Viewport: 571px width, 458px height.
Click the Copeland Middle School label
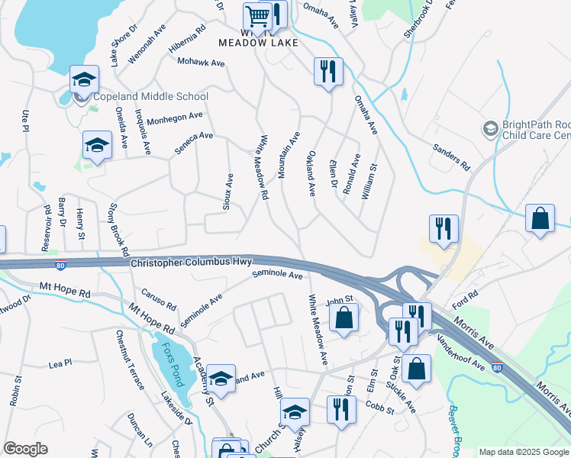(x=150, y=97)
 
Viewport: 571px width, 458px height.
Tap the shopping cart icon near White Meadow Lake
(x=257, y=15)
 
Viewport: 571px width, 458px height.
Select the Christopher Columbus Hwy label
(x=191, y=263)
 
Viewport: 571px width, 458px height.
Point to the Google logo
(x=25, y=449)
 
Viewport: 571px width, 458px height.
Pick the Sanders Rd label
(x=450, y=155)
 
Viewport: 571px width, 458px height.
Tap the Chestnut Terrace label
(x=131, y=349)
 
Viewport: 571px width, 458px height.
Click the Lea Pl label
(x=60, y=363)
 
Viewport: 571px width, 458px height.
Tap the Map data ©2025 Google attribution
(x=524, y=452)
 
